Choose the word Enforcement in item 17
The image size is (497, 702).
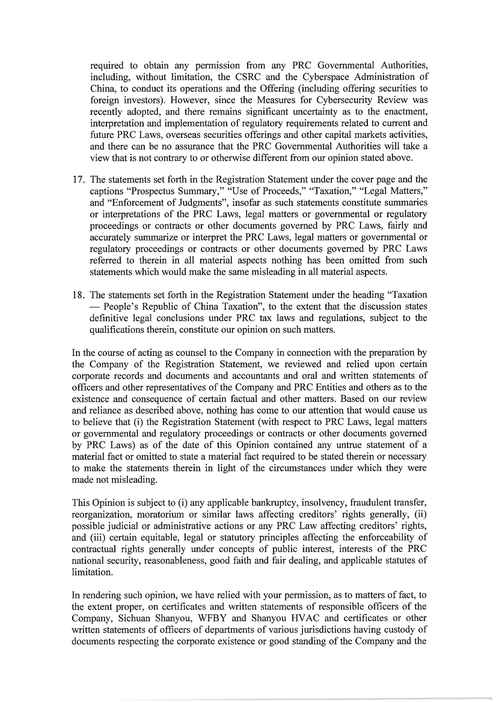[138, 203]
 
